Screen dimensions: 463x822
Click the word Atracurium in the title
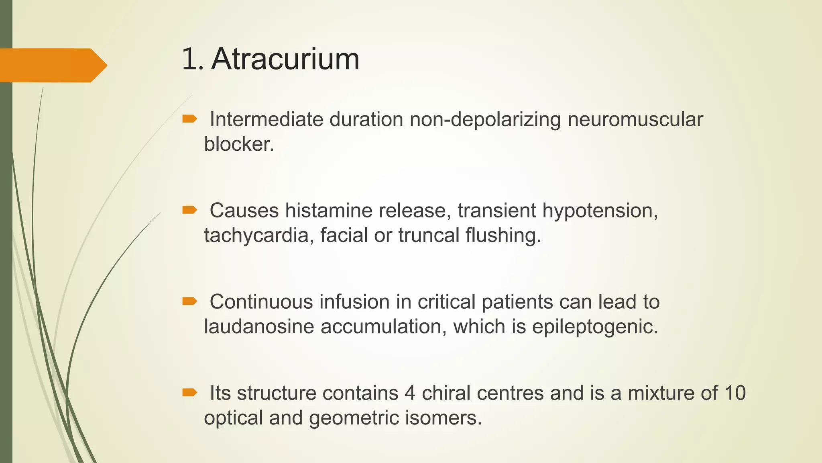point(285,59)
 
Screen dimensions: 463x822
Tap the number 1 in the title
point(190,59)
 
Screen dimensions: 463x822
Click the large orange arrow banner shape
point(52,65)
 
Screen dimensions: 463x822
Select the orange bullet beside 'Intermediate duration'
point(189,119)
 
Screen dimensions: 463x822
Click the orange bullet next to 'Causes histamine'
point(189,210)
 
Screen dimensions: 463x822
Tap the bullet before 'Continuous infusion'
point(189,301)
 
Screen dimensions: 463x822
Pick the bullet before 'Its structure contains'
point(189,392)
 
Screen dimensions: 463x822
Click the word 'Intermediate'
point(266,120)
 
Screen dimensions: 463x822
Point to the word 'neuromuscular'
point(635,120)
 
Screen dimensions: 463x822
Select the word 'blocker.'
point(239,144)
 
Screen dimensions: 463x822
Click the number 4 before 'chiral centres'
point(410,393)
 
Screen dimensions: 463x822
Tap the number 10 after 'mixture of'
point(735,393)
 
